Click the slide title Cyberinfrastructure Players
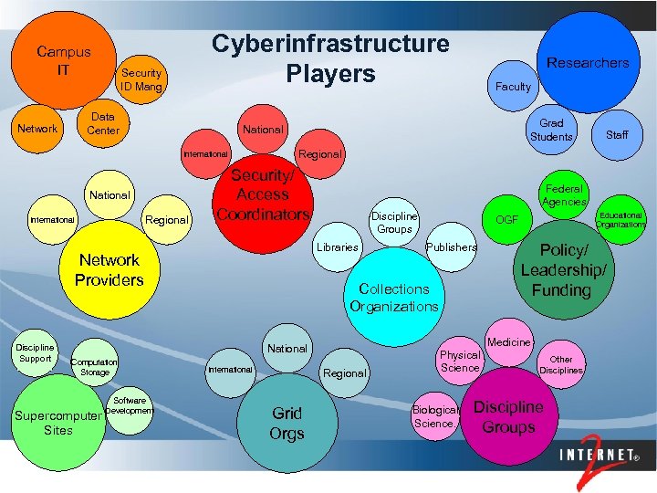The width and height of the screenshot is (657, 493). (x=330, y=58)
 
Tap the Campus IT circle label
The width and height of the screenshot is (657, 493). (x=63, y=60)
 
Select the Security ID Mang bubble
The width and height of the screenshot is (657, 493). (x=141, y=79)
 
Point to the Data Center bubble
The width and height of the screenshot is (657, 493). (x=103, y=123)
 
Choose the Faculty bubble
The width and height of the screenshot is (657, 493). (x=512, y=87)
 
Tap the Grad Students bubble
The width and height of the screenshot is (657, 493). (x=551, y=130)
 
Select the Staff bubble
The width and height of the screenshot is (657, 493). (x=617, y=134)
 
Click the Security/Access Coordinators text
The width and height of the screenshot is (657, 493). (x=263, y=194)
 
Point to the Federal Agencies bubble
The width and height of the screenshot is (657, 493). (x=564, y=193)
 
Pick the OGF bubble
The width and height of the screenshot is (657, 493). (x=506, y=220)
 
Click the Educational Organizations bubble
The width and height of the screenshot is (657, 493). (x=620, y=220)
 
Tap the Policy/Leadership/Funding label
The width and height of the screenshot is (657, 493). (x=562, y=270)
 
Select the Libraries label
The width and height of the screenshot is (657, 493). (x=337, y=247)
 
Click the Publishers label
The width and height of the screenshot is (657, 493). (x=451, y=247)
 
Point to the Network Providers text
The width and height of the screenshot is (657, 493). (x=109, y=269)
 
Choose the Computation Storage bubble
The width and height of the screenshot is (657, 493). (x=94, y=367)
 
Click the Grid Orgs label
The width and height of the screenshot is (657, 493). (x=287, y=423)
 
